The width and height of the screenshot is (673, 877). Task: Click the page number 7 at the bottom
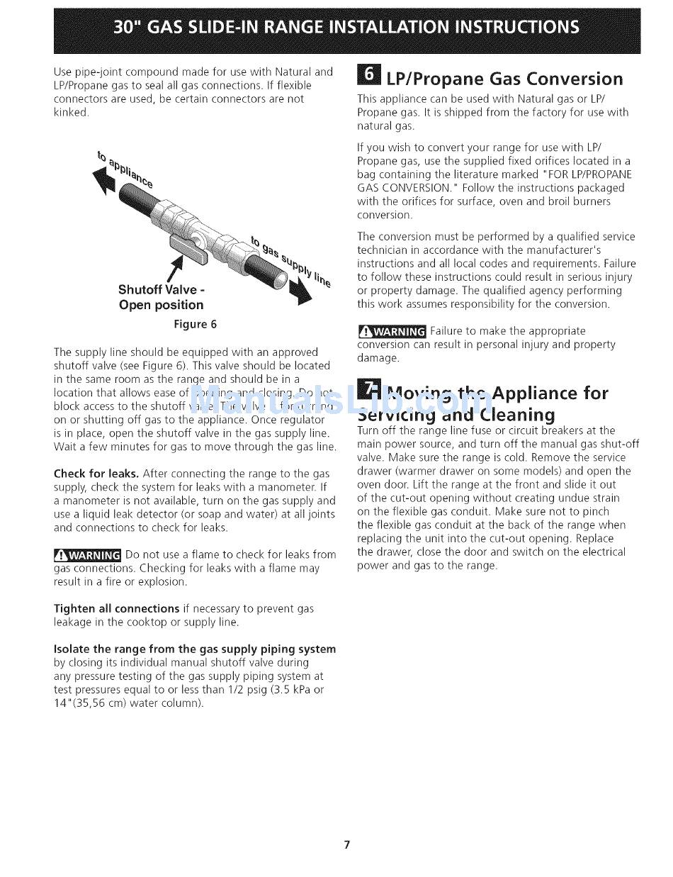346,844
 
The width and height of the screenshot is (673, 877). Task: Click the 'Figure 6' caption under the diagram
196,325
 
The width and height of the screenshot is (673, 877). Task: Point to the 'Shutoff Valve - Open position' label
161,297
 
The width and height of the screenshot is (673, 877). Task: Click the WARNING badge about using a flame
87,555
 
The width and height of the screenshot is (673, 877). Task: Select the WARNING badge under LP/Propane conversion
392,332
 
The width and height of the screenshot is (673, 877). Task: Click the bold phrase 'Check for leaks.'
96,474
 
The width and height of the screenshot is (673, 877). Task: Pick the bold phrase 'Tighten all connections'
116,609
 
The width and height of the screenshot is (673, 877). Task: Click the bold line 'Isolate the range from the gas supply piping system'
195,649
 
